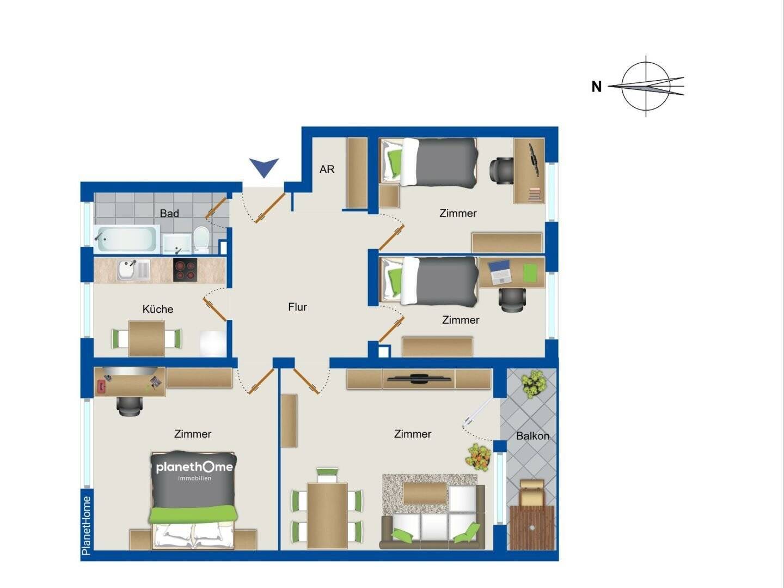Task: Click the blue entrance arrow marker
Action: point(264,166)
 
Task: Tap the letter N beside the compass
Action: point(597,87)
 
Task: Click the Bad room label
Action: point(169,214)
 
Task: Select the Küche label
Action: point(158,309)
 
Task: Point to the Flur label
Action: point(297,307)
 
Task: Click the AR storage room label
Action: point(327,169)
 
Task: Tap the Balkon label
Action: point(532,436)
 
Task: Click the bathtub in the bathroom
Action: point(126,239)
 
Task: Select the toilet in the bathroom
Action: point(201,239)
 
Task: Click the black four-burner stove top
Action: point(185,269)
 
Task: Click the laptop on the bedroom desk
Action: point(500,272)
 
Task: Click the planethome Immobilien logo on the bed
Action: point(194,471)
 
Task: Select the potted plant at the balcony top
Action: point(534,384)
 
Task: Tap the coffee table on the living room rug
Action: point(425,493)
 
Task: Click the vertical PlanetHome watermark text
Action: point(86,525)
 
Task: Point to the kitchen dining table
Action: point(146,338)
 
